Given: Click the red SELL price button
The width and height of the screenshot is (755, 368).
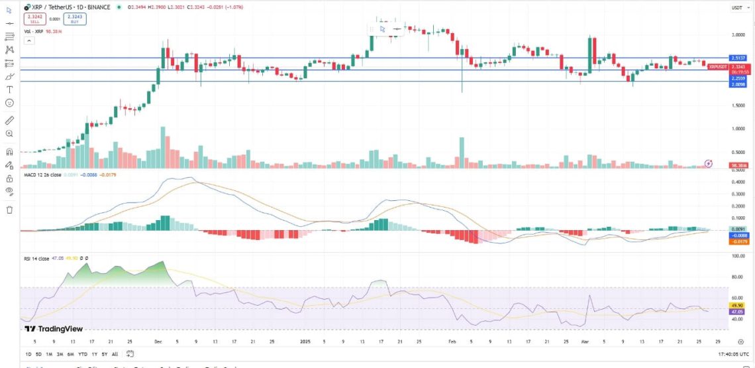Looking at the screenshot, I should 34,19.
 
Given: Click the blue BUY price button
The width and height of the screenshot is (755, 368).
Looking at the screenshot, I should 75,19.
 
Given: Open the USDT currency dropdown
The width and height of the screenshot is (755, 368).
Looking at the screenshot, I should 736,8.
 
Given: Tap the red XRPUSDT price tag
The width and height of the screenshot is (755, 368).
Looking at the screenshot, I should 719,66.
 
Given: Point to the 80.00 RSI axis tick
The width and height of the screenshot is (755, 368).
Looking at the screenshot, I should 738,276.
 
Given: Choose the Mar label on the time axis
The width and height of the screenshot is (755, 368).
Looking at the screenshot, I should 585,341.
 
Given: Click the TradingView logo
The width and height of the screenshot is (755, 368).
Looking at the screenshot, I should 50,328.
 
